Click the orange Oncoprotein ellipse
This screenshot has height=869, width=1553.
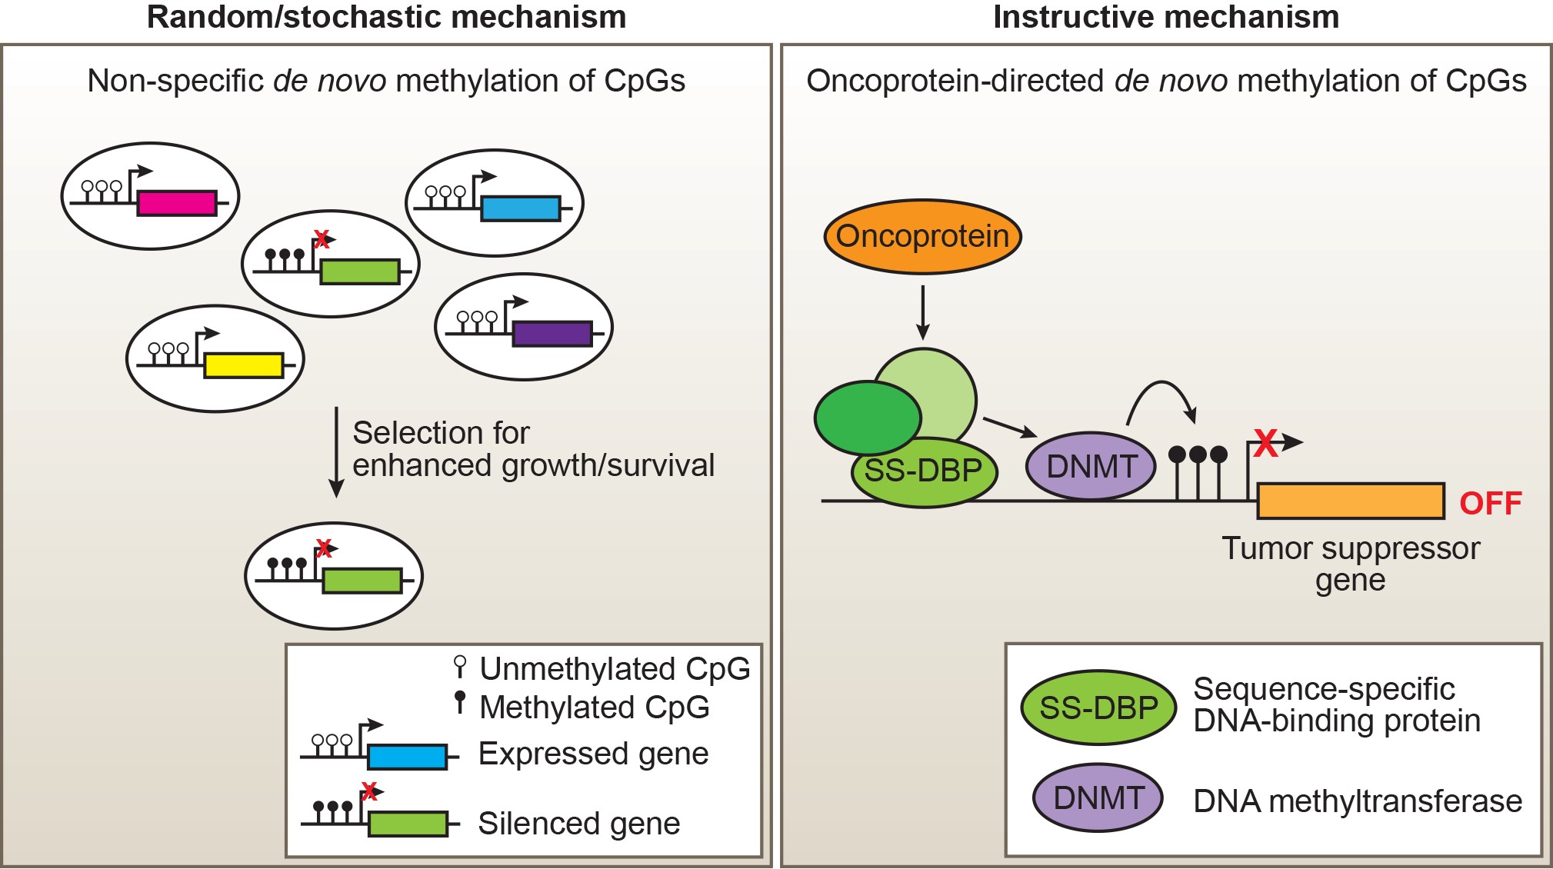(x=922, y=236)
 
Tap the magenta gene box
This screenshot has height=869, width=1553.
(x=177, y=203)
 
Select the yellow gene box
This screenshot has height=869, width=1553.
(x=243, y=365)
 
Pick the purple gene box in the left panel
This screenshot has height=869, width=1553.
(x=552, y=334)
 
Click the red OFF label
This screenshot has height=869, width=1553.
(x=1490, y=504)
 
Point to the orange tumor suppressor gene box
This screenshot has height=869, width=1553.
(x=1350, y=501)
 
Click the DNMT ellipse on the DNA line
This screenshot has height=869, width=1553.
(x=1091, y=466)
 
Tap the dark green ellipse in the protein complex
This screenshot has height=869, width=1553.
(x=867, y=418)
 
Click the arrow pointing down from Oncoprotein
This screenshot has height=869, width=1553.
(x=923, y=312)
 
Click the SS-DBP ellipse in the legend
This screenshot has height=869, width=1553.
(x=1098, y=708)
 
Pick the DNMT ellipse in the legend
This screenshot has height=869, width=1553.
(x=1098, y=797)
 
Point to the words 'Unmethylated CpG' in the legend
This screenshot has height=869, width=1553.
(x=614, y=669)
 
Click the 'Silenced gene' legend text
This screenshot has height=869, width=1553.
(x=578, y=824)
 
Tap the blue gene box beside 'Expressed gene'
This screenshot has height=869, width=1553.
(x=407, y=757)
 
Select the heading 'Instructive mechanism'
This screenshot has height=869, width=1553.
(x=1165, y=17)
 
